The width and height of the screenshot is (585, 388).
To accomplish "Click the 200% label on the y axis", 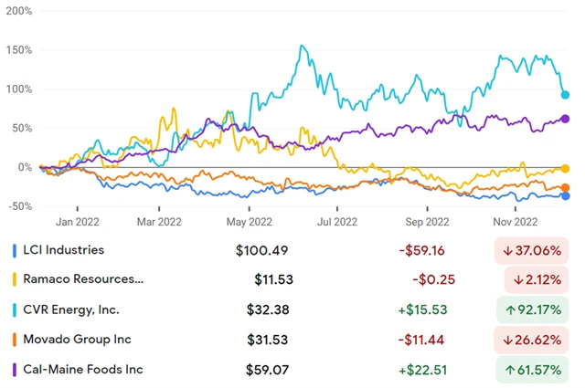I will tap(19, 12).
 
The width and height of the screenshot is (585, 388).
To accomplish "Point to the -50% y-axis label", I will tap(19, 207).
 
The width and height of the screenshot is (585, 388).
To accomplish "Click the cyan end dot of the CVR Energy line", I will tap(565, 95).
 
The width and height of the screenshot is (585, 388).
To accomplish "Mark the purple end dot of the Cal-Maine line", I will tap(565, 119).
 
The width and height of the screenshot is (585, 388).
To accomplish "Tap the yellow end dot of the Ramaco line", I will tap(565, 169).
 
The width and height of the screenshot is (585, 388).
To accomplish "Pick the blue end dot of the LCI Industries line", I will tap(565, 195).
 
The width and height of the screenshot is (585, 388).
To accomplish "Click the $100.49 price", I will tap(274, 250).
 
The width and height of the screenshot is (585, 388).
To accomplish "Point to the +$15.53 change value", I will tap(422, 309).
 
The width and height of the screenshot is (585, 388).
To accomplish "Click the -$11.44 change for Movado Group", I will tap(424, 340).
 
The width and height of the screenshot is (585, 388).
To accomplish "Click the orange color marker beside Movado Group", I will tap(14, 340).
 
